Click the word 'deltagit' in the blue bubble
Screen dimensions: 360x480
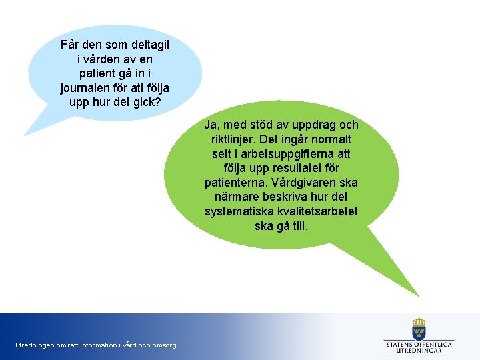pyautogui.click(x=145, y=45)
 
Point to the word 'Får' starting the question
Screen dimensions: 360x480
pyautogui.click(x=70, y=45)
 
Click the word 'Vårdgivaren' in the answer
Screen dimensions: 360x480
pyautogui.click(x=309, y=183)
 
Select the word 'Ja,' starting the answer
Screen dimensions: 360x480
pyautogui.click(x=212, y=125)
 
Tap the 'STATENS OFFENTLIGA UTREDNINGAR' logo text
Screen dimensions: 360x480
pyautogui.click(x=419, y=347)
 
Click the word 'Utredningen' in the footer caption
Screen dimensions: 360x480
pyautogui.click(x=35, y=345)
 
